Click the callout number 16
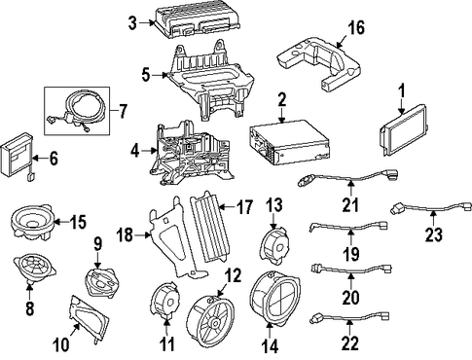click(x=356, y=27)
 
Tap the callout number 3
click(x=132, y=23)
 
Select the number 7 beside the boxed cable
click(x=122, y=111)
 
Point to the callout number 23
click(x=434, y=234)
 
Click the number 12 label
click(x=234, y=275)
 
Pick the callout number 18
click(x=125, y=234)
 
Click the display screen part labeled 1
click(x=402, y=130)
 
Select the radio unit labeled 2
click(x=289, y=141)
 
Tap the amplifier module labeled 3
click(x=199, y=20)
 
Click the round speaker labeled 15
click(x=32, y=223)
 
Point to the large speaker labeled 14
click(x=275, y=298)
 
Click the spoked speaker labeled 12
click(x=210, y=319)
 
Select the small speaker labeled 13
click(x=274, y=247)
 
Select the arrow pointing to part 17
click(x=227, y=206)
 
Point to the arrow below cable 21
click(x=350, y=189)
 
